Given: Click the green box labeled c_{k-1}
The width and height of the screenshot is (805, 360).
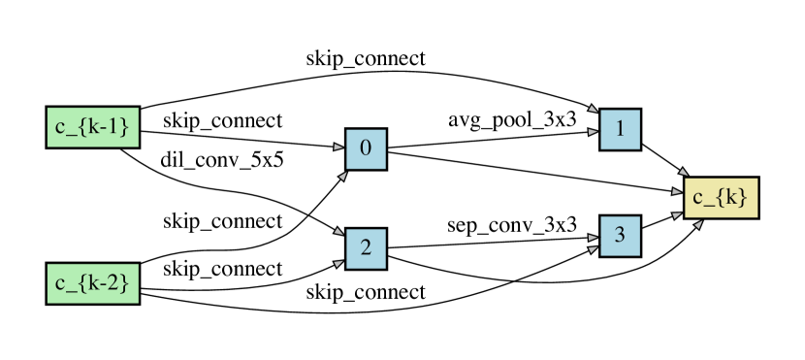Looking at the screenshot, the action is click(x=93, y=127).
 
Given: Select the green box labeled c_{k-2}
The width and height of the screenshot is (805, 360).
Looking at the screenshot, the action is click(x=93, y=283).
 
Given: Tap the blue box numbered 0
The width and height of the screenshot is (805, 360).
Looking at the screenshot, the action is click(x=366, y=148).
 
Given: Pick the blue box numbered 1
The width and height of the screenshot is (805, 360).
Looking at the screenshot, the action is click(x=620, y=129).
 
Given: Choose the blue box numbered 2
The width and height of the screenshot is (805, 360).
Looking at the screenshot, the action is click(x=366, y=248).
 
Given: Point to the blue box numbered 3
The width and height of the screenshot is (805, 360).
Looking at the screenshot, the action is click(x=620, y=236).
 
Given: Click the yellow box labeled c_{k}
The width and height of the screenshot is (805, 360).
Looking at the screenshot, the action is click(x=721, y=198).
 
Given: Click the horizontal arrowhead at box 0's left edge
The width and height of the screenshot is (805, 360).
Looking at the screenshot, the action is click(x=338, y=147).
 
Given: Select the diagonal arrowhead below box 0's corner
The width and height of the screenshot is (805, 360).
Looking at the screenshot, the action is click(x=342, y=177).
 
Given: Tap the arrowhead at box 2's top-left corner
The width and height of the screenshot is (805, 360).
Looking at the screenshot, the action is click(x=338, y=232).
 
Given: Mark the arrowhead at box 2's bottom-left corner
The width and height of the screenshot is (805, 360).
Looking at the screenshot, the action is click(x=338, y=263).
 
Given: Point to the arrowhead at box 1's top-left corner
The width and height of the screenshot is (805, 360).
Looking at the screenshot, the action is click(x=593, y=111).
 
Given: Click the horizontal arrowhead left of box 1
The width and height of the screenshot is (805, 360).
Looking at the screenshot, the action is click(x=593, y=131).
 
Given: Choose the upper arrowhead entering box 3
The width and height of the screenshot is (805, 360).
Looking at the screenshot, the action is click(x=593, y=236).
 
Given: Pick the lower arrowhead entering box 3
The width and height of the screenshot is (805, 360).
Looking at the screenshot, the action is click(x=593, y=249).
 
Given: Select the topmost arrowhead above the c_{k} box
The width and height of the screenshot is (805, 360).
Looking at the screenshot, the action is click(x=683, y=172).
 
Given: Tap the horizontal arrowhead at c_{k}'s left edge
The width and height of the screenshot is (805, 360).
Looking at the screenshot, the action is click(x=676, y=192).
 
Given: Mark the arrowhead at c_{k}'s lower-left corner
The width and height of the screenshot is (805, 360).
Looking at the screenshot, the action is click(x=676, y=213).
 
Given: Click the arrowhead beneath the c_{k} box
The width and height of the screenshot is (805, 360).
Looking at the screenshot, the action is click(x=698, y=224).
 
